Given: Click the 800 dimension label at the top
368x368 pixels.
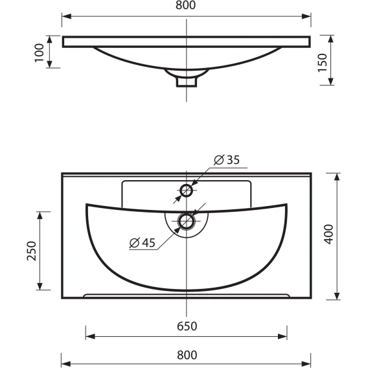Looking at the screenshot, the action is click(x=185, y=5).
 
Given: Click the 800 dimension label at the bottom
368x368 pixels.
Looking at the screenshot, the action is click(x=187, y=355).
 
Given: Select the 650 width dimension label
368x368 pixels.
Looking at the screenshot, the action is click(x=187, y=327).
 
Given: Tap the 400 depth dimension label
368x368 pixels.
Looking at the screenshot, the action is click(x=328, y=235).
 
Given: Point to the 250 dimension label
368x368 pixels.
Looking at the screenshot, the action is click(x=32, y=251).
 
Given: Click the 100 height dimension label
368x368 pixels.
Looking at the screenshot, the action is click(x=39, y=53).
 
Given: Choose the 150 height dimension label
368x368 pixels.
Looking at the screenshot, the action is click(x=322, y=63).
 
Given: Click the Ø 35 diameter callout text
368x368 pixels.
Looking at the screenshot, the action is click(x=227, y=160).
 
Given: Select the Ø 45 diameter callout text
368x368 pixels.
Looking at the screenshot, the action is click(x=143, y=242).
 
